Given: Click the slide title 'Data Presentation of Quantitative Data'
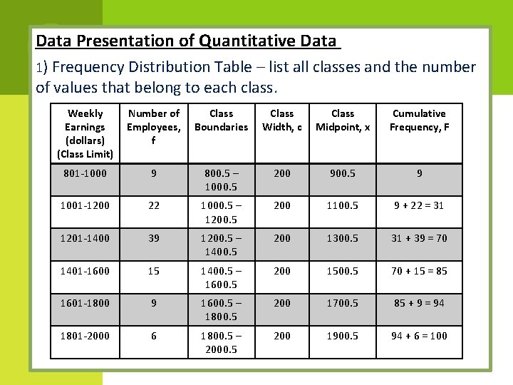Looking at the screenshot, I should (188, 41).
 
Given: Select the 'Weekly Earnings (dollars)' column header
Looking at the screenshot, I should (85, 133).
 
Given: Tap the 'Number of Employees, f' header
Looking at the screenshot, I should (153, 127).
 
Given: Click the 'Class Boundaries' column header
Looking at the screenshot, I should (221, 120).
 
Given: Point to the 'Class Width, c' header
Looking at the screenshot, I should (282, 120).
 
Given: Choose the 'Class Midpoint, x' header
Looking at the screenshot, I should (343, 120).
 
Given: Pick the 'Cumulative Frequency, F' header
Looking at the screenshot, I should (419, 120).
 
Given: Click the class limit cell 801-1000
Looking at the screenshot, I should (85, 173).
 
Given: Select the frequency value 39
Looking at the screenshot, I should (153, 238).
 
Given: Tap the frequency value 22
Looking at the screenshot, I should (153, 205).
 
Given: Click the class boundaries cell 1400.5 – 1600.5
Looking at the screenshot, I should (221, 277).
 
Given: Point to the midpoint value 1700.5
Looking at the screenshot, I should (343, 303).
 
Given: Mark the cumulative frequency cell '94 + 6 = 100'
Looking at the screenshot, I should (419, 336).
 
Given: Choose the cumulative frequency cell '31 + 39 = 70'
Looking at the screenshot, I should (419, 238).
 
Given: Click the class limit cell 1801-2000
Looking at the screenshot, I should (85, 336).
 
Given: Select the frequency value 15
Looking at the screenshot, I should (153, 271).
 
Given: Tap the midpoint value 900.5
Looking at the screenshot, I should (343, 173).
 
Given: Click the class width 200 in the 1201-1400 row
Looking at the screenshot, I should (282, 238).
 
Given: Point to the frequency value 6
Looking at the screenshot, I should (153, 336).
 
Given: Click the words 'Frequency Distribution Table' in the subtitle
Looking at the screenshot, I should (152, 68).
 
